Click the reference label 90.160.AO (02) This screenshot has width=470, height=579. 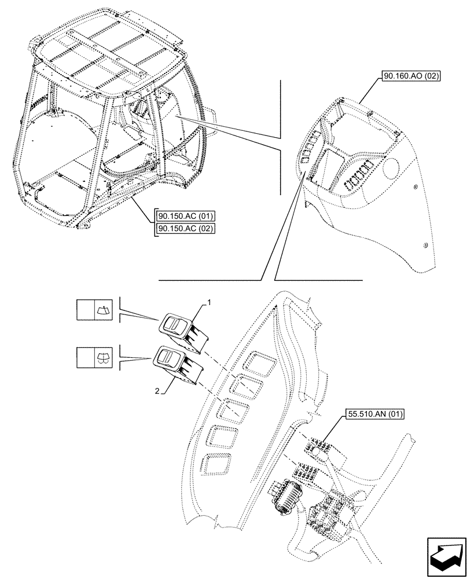tap(412, 76)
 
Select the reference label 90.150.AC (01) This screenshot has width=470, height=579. tap(186, 217)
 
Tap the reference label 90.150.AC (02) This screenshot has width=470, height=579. tap(186, 228)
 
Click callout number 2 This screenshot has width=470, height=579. tap(157, 391)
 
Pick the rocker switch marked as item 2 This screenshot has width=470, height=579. tap(173, 362)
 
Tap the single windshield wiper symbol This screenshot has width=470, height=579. tap(104, 310)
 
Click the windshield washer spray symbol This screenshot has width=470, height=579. tap(104, 358)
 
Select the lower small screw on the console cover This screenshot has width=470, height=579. tap(426, 246)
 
